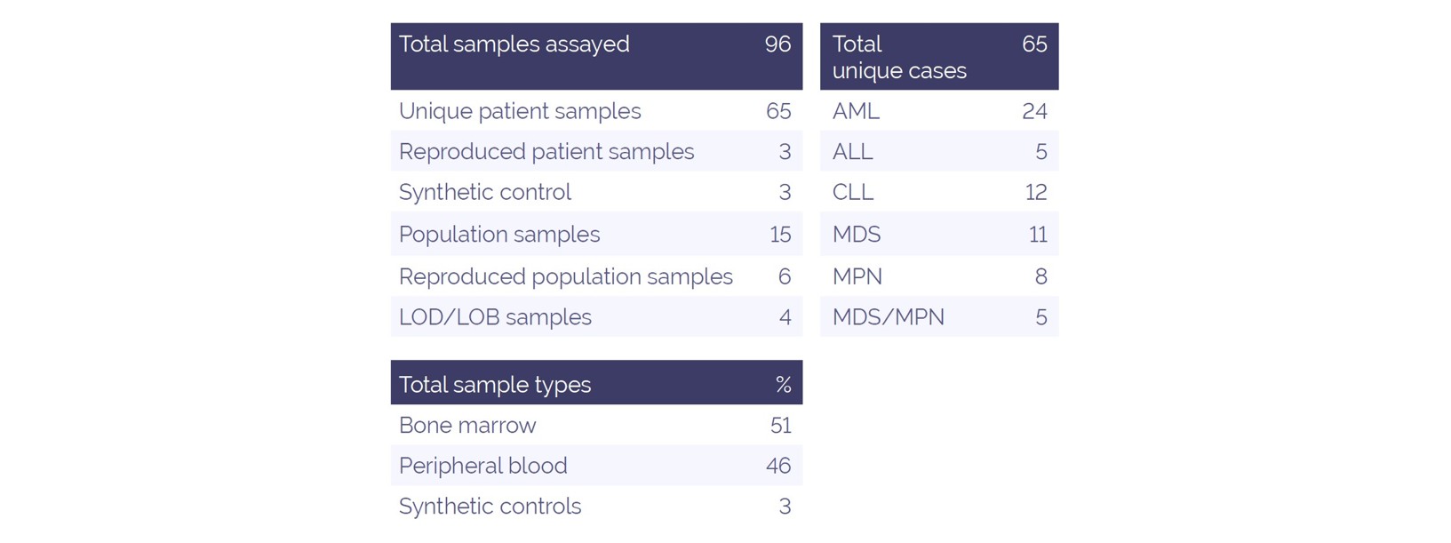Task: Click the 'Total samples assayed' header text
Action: click(514, 44)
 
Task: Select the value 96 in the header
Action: click(777, 44)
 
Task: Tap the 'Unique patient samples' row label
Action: click(520, 111)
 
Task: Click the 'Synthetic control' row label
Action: click(484, 192)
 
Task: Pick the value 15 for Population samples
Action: click(779, 235)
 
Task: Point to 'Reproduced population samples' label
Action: click(565, 276)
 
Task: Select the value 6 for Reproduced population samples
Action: click(784, 276)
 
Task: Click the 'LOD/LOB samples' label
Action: click(495, 317)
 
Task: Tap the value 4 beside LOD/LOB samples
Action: click(785, 317)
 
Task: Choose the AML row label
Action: click(856, 111)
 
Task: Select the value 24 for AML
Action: click(1034, 111)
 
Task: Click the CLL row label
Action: click(853, 192)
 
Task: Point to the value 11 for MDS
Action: click(1037, 235)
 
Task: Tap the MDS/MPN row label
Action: click(888, 317)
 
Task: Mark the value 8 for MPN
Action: click(1040, 276)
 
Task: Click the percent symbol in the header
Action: click(783, 385)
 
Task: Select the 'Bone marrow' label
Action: click(467, 426)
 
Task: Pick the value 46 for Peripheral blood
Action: click(778, 466)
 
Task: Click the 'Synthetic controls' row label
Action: click(490, 507)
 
